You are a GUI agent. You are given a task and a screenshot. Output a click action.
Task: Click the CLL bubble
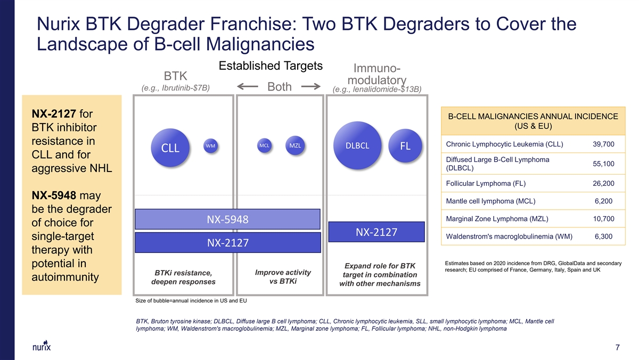170,148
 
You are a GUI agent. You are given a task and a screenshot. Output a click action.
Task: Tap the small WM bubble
210,146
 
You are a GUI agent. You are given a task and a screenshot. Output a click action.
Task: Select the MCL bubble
264,145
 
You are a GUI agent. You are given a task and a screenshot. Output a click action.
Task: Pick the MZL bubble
295,145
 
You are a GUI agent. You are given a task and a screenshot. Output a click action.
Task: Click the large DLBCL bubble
357,145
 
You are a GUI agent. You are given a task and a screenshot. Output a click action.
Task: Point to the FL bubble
405,146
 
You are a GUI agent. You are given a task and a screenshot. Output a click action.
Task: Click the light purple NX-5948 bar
228,219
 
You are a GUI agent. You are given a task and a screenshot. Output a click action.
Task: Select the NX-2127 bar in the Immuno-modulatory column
376,232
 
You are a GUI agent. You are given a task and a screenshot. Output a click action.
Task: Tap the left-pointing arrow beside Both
247,86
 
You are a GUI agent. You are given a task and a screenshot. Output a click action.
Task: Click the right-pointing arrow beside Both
311,86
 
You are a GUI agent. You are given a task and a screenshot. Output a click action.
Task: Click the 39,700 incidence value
603,144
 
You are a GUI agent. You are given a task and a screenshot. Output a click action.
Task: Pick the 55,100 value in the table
603,163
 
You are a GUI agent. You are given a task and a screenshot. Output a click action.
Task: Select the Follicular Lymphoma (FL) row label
486,183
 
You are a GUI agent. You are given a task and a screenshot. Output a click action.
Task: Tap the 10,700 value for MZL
603,219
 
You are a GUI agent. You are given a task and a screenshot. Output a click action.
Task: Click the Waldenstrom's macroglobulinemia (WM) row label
509,236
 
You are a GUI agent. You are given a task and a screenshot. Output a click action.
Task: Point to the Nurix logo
42,346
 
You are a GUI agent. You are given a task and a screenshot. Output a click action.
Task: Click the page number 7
617,347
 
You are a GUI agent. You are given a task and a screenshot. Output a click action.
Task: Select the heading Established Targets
271,66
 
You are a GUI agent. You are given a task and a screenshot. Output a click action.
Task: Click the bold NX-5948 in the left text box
54,195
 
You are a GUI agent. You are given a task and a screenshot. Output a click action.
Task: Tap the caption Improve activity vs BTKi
283,277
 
